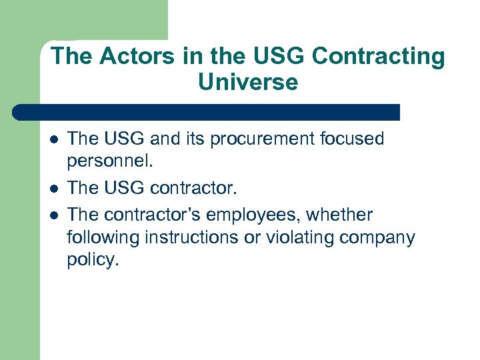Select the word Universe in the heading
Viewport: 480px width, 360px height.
[248, 82]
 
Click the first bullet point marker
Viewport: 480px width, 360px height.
[53, 139]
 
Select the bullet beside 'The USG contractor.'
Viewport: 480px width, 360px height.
[53, 190]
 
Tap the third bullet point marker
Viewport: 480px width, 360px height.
[53, 215]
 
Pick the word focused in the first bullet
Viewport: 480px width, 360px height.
[351, 139]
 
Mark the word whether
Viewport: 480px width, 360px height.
[345, 215]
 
